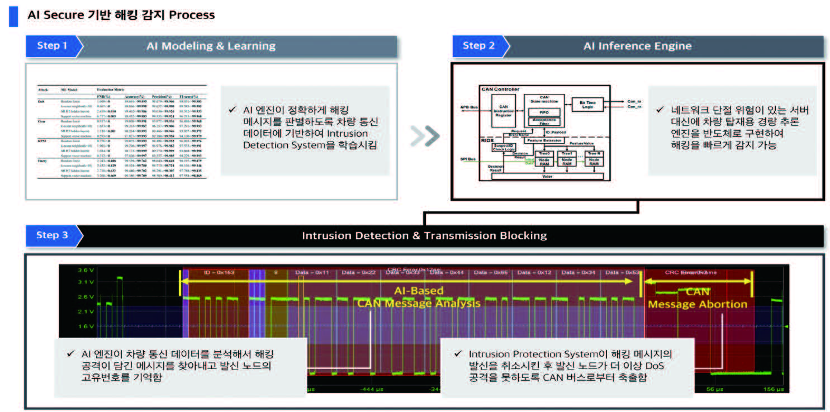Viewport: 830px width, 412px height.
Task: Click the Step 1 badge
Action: [x=52, y=46]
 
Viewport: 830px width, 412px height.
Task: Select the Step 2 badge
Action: [x=478, y=46]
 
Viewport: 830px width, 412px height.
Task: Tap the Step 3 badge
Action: [x=52, y=235]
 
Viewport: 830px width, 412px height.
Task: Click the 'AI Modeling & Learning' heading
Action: [x=211, y=46]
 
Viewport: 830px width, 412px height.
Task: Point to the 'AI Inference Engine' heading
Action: [x=637, y=46]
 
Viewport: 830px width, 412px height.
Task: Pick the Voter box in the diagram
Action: [x=547, y=176]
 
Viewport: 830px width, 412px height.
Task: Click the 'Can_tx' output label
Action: [x=634, y=101]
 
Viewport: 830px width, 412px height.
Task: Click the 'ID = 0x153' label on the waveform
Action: [x=218, y=272]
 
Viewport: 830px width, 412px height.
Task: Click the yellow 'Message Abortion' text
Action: [x=698, y=304]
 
